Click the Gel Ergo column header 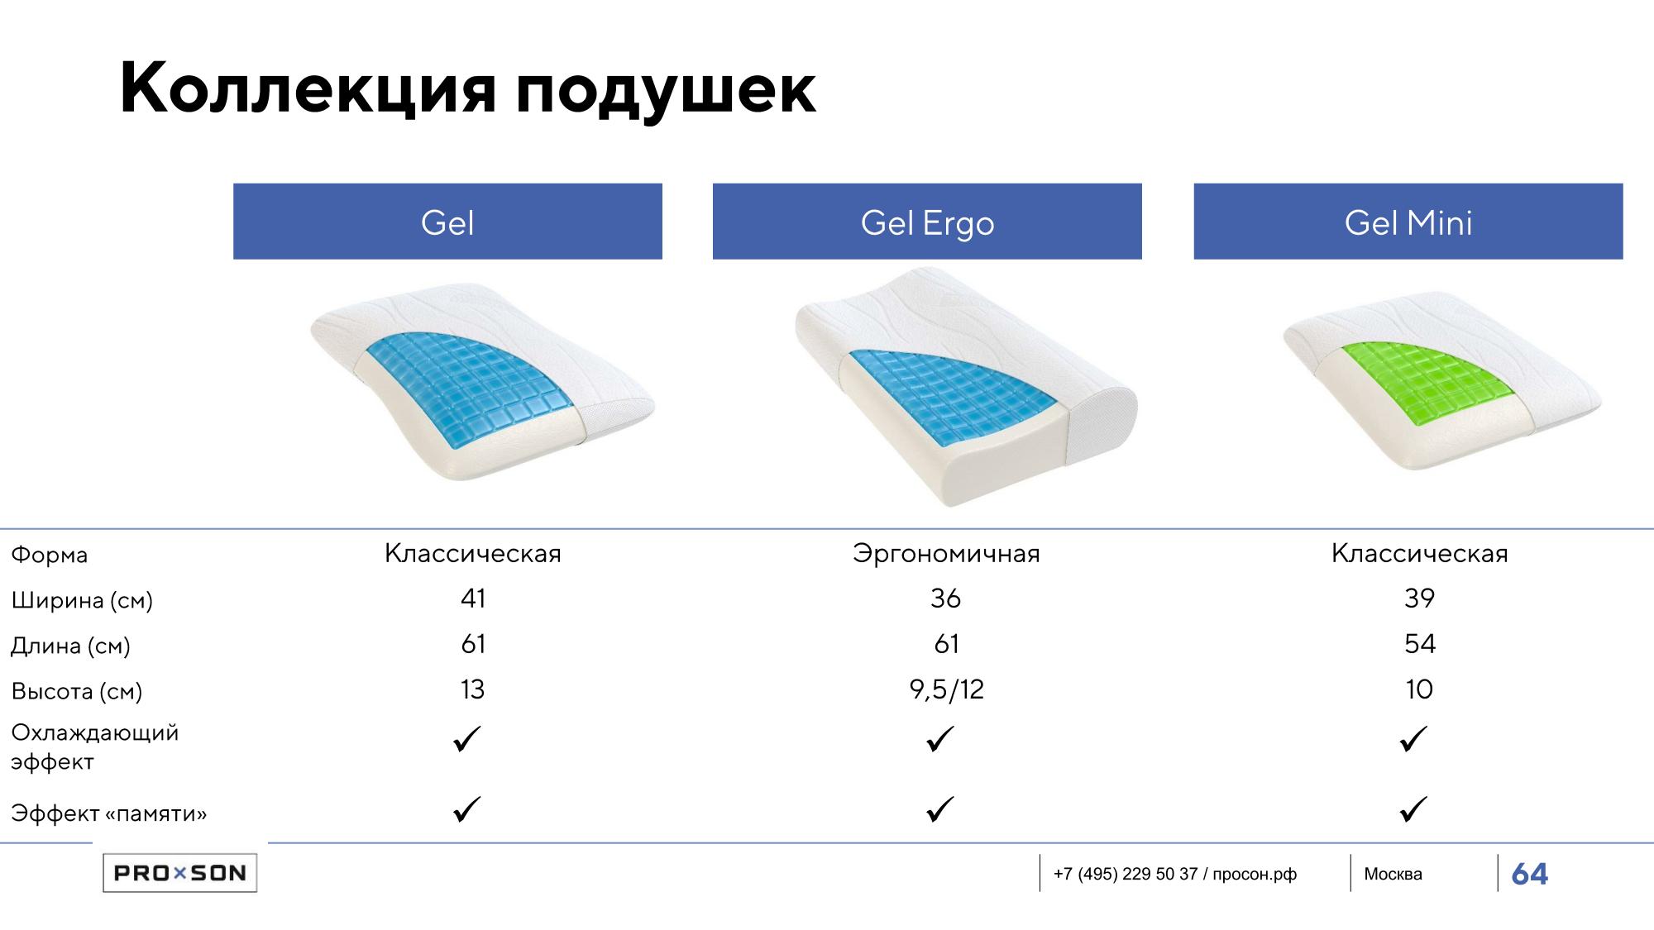[927, 222]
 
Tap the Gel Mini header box [1408, 222]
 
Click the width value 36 [945, 599]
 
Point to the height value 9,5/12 [947, 689]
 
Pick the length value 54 [1420, 644]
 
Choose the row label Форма [50, 555]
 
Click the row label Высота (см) [77, 691]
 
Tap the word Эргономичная [946, 554]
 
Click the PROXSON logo [179, 873]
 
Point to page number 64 [1529, 874]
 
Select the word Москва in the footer [1393, 874]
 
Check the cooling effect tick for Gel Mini [1413, 738]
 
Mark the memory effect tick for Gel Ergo [940, 808]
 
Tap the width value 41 [473, 599]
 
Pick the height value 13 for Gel [472, 689]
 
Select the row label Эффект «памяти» [108, 813]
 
